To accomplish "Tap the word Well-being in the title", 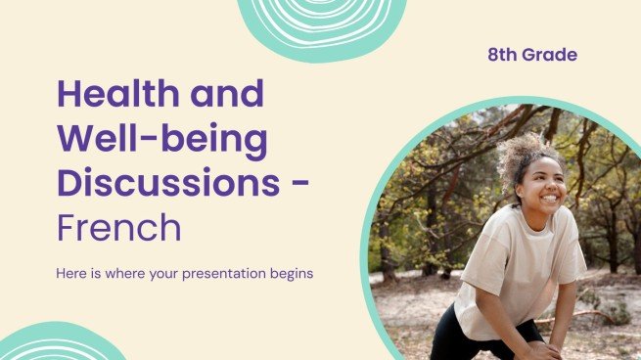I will click(161, 139).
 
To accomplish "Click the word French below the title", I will click(118, 227).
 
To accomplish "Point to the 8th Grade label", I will click(532, 55).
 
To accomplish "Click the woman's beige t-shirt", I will click(519, 269).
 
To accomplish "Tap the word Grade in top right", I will click(549, 55).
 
